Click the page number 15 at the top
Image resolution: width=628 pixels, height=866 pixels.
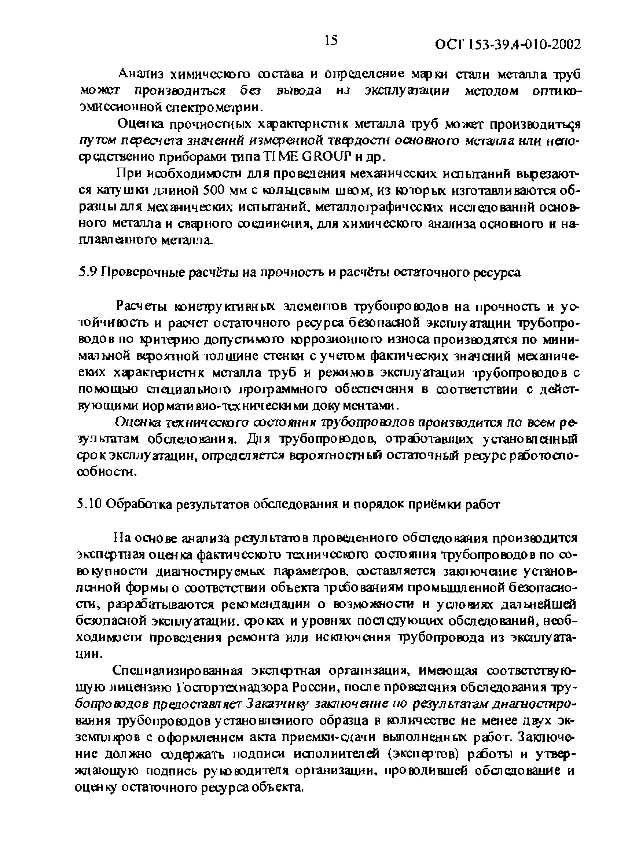coord(331,40)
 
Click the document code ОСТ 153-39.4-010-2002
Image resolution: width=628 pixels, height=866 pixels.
coord(507,45)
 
